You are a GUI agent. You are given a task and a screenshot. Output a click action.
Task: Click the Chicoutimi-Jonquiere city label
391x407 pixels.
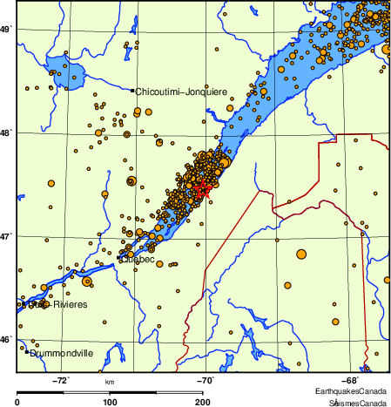click(x=181, y=91)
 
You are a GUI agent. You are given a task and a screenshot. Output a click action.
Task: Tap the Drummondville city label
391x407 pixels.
click(x=62, y=355)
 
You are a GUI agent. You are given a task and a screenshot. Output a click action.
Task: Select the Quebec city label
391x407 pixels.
click(x=137, y=259)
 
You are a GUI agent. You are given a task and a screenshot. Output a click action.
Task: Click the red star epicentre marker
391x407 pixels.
click(x=202, y=187)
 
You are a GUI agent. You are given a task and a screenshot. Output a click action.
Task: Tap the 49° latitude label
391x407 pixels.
click(x=7, y=30)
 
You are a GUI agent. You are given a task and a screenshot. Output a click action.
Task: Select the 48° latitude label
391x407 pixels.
click(x=7, y=132)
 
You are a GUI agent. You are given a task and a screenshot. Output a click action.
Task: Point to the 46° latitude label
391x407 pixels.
click(x=7, y=339)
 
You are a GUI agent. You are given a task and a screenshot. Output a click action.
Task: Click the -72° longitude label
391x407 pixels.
click(x=61, y=380)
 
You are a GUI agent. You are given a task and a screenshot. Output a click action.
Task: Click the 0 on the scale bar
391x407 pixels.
click(x=18, y=402)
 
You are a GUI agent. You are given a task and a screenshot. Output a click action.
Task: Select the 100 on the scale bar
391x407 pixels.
click(x=110, y=402)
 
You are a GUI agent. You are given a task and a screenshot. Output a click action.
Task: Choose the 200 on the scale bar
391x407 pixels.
click(x=202, y=402)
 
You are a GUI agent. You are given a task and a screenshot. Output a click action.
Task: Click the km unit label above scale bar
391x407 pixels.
click(x=110, y=382)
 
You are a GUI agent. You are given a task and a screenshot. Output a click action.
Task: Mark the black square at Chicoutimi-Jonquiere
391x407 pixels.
click(x=132, y=91)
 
